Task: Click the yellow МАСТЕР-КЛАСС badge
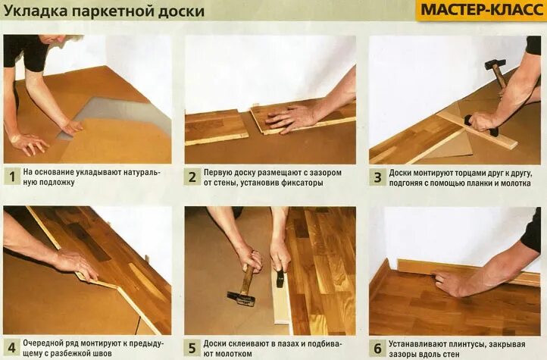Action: coord(481,10)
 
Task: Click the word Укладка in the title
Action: coord(36,11)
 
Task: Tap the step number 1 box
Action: coord(12,177)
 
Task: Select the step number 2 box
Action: coord(192,177)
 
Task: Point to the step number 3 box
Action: coord(377,177)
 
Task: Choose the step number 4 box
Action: coord(12,348)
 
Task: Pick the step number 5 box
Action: coord(192,348)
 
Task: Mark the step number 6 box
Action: coord(377,348)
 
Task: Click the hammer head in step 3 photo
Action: coord(495,64)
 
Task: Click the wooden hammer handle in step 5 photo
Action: coord(248,277)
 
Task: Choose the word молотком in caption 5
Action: coord(233,353)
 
